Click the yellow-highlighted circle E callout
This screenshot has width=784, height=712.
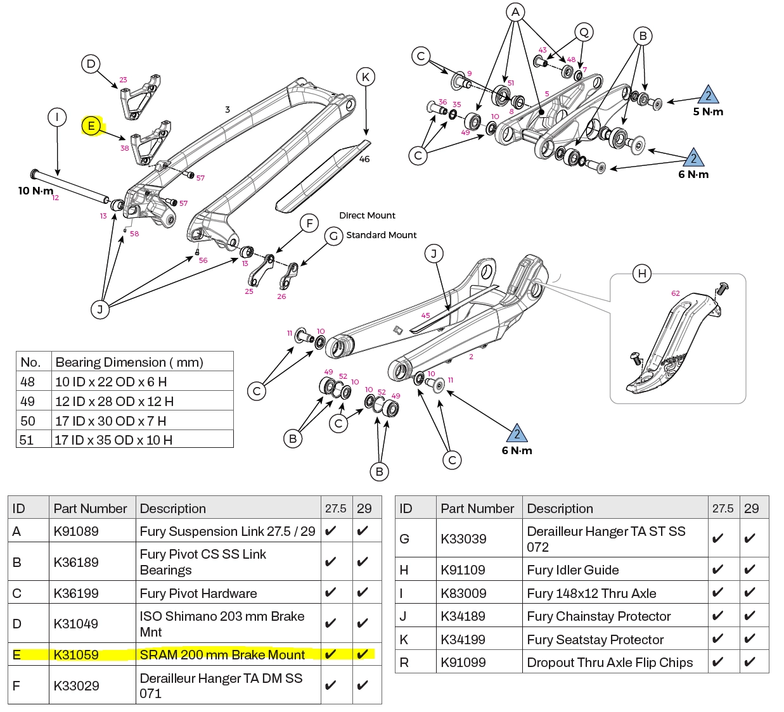click(92, 126)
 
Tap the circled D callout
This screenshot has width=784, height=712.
click(91, 63)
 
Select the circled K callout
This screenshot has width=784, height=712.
click(366, 77)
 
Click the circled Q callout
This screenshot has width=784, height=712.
click(584, 32)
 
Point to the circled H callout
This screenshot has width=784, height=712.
click(642, 274)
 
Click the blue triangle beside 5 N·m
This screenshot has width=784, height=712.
click(709, 95)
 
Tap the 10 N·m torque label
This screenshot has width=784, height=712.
click(35, 191)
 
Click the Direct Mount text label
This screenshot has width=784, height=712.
click(367, 215)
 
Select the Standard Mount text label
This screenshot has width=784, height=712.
click(381, 235)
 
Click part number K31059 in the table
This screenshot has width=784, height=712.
click(76, 655)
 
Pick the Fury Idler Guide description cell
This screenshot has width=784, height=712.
click(573, 570)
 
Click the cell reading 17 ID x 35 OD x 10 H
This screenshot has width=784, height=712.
click(113, 440)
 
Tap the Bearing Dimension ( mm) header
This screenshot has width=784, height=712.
click(129, 362)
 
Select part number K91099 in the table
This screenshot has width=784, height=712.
click(463, 663)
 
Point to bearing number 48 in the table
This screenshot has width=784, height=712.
click(27, 382)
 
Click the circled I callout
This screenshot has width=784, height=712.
click(57, 117)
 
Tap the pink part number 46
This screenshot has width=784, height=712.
click(364, 159)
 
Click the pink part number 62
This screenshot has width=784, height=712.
click(675, 293)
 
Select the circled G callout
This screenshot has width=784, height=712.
click(333, 236)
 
